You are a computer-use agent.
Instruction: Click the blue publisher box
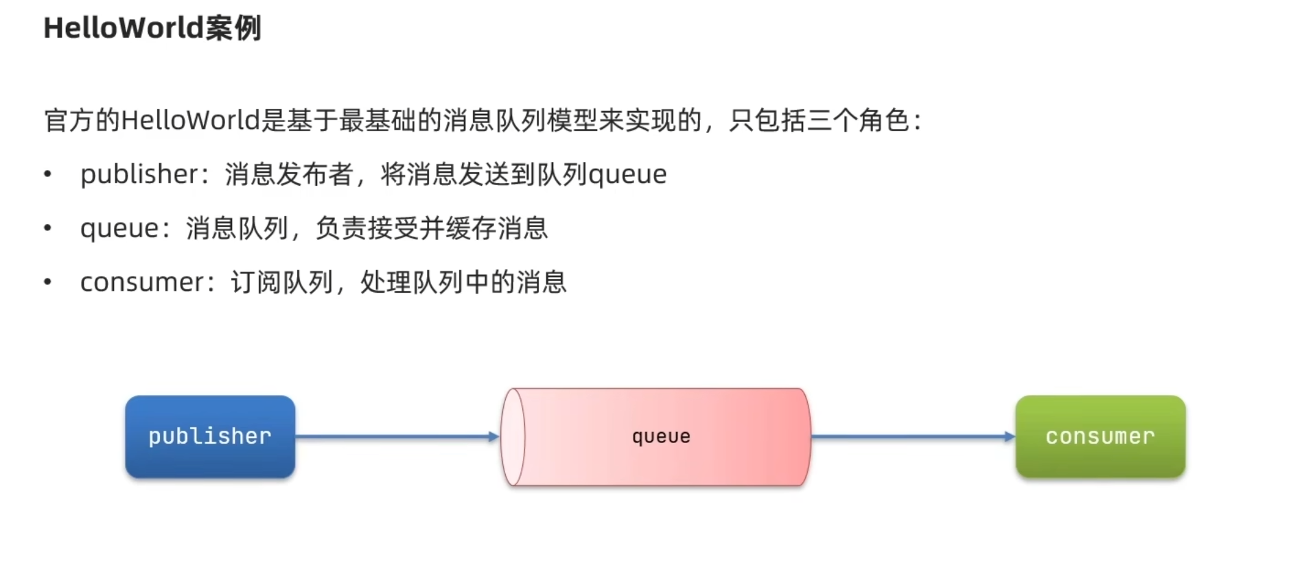point(210,436)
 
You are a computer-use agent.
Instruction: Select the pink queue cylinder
point(660,437)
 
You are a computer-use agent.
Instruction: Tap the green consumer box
point(1100,436)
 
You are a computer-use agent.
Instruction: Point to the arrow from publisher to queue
point(395,436)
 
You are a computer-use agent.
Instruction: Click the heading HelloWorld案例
point(152,28)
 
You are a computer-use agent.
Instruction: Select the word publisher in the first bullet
point(139,174)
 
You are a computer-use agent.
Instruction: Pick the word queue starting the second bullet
point(119,228)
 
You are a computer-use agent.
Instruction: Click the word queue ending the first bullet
point(627,175)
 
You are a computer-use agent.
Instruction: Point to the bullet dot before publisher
point(47,174)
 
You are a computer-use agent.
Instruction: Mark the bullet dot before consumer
point(47,282)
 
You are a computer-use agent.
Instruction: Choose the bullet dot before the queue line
point(47,228)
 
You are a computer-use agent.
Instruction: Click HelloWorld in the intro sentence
point(190,121)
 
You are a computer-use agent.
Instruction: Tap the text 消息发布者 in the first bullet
point(288,174)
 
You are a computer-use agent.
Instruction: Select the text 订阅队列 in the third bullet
point(281,283)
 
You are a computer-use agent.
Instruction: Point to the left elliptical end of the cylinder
point(513,437)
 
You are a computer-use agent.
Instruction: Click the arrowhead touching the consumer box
point(1010,436)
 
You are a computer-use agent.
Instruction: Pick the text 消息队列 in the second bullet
point(236,228)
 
